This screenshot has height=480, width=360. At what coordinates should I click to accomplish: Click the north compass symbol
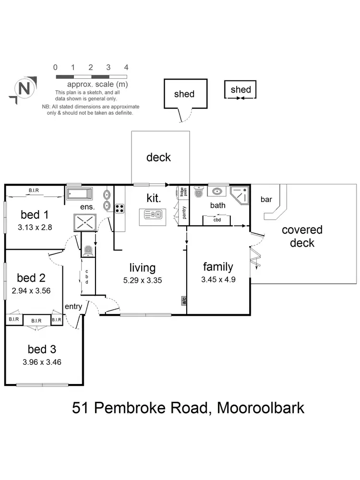(x=23, y=89)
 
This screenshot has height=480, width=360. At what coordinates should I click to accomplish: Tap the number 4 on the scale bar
(x=126, y=68)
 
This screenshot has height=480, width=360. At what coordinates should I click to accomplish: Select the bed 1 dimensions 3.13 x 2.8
(x=34, y=228)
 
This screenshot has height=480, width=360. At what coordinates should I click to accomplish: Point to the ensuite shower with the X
(x=84, y=223)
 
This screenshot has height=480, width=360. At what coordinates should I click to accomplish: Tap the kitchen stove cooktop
(x=120, y=208)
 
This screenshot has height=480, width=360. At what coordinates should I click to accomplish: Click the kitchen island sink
(x=153, y=215)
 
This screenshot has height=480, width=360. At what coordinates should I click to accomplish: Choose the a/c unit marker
(x=183, y=301)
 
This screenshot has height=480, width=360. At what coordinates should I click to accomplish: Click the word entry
(x=73, y=306)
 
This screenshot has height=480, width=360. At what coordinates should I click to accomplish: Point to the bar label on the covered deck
(x=266, y=199)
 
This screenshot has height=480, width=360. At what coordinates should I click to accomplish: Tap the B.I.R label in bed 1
(x=34, y=191)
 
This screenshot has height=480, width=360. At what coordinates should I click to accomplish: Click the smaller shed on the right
(x=240, y=90)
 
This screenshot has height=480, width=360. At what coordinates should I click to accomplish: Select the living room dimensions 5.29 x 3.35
(x=142, y=280)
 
